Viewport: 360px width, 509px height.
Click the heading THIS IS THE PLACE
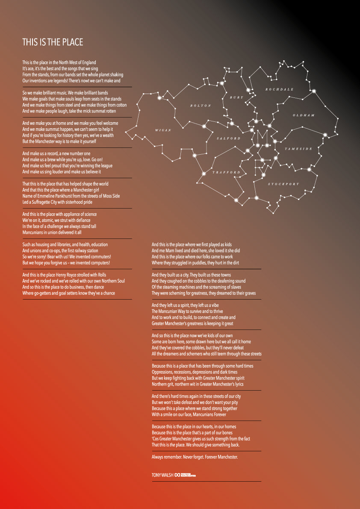(x=53, y=42)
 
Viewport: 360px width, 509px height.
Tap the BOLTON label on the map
(x=201, y=105)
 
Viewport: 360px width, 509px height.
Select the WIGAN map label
(x=163, y=130)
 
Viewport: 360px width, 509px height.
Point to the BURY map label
(x=236, y=97)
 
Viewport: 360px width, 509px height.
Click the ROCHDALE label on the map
(x=280, y=89)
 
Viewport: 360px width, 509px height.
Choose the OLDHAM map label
(x=304, y=115)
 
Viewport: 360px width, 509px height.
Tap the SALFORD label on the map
(x=229, y=138)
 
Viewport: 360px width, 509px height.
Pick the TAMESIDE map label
(x=298, y=149)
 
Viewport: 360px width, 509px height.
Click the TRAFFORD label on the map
(x=227, y=172)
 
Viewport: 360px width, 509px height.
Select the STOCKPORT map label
(x=283, y=184)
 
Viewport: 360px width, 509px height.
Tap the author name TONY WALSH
(x=162, y=475)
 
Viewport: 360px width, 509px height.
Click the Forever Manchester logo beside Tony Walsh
(x=186, y=475)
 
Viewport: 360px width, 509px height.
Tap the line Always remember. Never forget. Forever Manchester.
(x=195, y=457)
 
